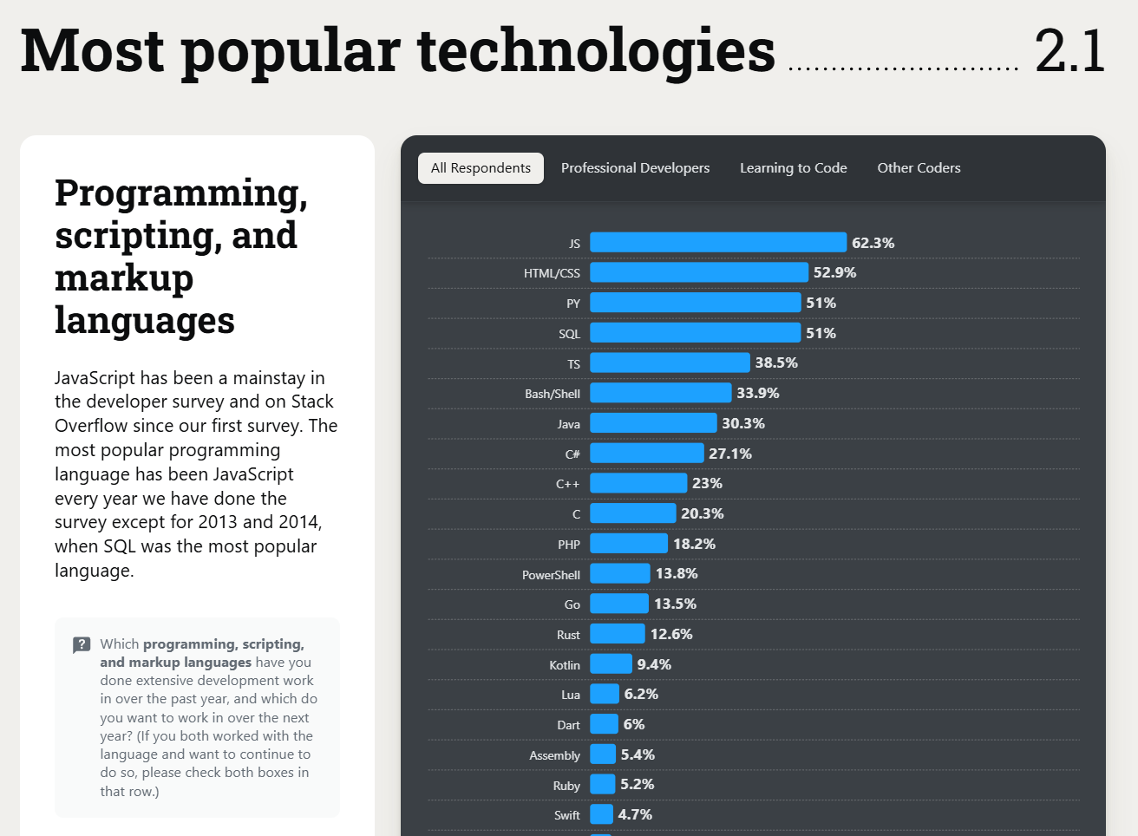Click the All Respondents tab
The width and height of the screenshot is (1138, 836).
pos(481,168)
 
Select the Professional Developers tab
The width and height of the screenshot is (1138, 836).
pos(635,168)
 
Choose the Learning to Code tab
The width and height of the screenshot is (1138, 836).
pos(793,168)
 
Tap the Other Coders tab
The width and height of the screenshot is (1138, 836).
pos(919,168)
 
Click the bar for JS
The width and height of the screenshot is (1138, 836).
pos(718,243)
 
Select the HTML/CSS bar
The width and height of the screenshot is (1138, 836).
pos(699,272)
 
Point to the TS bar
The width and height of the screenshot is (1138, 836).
pos(670,362)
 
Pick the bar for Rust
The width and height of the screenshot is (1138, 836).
pos(618,634)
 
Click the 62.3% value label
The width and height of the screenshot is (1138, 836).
pos(873,243)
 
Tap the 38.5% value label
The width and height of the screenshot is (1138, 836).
pos(776,362)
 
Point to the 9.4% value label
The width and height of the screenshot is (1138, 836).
pos(654,664)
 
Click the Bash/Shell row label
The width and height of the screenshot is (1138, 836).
pos(553,394)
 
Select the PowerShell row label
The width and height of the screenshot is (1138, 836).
pos(551,575)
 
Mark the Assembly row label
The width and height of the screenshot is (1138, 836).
pos(554,755)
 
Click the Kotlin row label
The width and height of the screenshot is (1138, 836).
pos(565,665)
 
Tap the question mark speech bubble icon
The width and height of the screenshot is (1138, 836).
pos(82,644)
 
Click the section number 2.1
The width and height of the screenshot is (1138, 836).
pos(1069,51)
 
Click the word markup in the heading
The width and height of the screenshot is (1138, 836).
pos(124,278)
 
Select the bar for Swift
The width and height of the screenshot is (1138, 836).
pos(602,814)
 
